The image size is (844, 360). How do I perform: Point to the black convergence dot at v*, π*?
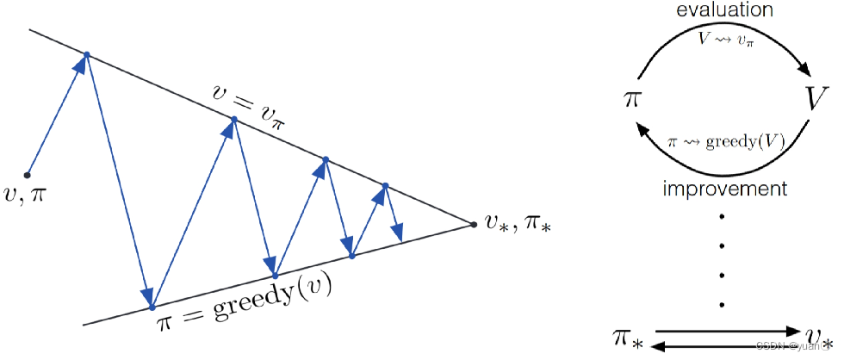point(474,225)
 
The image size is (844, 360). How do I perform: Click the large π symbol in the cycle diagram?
point(632,97)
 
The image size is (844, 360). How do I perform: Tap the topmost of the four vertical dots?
point(722,214)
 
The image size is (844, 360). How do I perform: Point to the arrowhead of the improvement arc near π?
point(640,127)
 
